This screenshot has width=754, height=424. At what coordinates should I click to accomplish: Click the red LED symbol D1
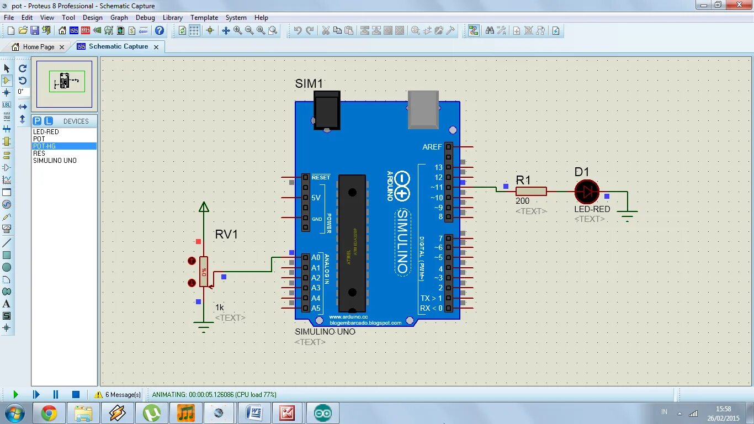587,192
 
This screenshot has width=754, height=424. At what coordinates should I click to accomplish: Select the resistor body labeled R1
531,191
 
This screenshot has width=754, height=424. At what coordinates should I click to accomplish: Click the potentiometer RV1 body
204,272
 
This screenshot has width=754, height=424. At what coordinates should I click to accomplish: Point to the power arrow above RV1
204,207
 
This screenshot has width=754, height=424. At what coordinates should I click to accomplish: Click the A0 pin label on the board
316,257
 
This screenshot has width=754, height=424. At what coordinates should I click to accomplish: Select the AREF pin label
432,147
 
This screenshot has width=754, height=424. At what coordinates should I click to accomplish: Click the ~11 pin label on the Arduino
436,188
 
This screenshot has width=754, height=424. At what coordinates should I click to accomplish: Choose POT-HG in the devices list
45,146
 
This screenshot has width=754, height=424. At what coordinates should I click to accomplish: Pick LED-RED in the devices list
46,132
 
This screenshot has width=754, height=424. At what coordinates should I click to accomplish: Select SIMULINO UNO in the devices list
55,161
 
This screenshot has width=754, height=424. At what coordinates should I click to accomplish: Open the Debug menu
145,18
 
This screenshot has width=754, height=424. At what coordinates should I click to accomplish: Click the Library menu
172,18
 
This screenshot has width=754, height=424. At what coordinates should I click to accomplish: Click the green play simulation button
15,394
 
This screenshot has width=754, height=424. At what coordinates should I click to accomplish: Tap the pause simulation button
56,394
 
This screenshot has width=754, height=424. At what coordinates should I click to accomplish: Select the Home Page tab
38,47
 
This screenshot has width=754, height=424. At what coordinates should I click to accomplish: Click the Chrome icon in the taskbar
49,413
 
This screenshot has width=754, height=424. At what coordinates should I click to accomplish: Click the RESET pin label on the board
321,177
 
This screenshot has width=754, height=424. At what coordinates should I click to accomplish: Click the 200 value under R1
522,202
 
